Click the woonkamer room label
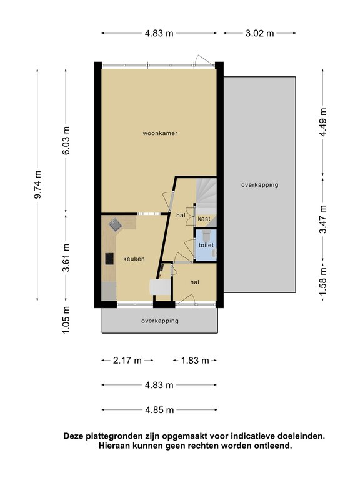[160, 133]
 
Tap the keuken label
[134, 259]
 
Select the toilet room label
[206, 245]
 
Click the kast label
[204, 219]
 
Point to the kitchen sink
[115, 225]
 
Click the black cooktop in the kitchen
[109, 259]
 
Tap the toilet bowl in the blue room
[206, 236]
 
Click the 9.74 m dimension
[37, 184]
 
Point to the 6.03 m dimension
[66, 140]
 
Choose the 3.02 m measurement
[259, 33]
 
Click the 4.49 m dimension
[323, 122]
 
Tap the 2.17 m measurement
[127, 360]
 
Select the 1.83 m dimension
[195, 360]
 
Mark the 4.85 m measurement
[159, 409]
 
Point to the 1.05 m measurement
[66, 320]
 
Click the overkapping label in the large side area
[260, 185]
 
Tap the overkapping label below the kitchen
[160, 321]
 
